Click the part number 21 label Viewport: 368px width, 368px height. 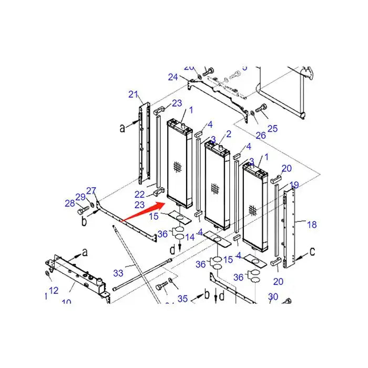134,95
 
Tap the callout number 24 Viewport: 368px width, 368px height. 173,77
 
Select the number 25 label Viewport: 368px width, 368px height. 272,128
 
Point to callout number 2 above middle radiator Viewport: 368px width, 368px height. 229,134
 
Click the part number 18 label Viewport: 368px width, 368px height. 312,224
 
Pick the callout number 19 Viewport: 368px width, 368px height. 294,185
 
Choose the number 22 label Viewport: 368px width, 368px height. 139,195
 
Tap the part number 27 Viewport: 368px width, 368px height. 91,191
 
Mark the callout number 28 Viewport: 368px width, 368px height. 70,203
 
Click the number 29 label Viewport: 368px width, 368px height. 80,197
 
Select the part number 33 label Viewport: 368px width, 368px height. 118,273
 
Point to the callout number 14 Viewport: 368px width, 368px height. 189,237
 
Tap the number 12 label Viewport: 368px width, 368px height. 54,291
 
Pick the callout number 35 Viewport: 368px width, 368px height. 182,299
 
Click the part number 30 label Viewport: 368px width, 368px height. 273,298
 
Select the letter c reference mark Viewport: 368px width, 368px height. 312,252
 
